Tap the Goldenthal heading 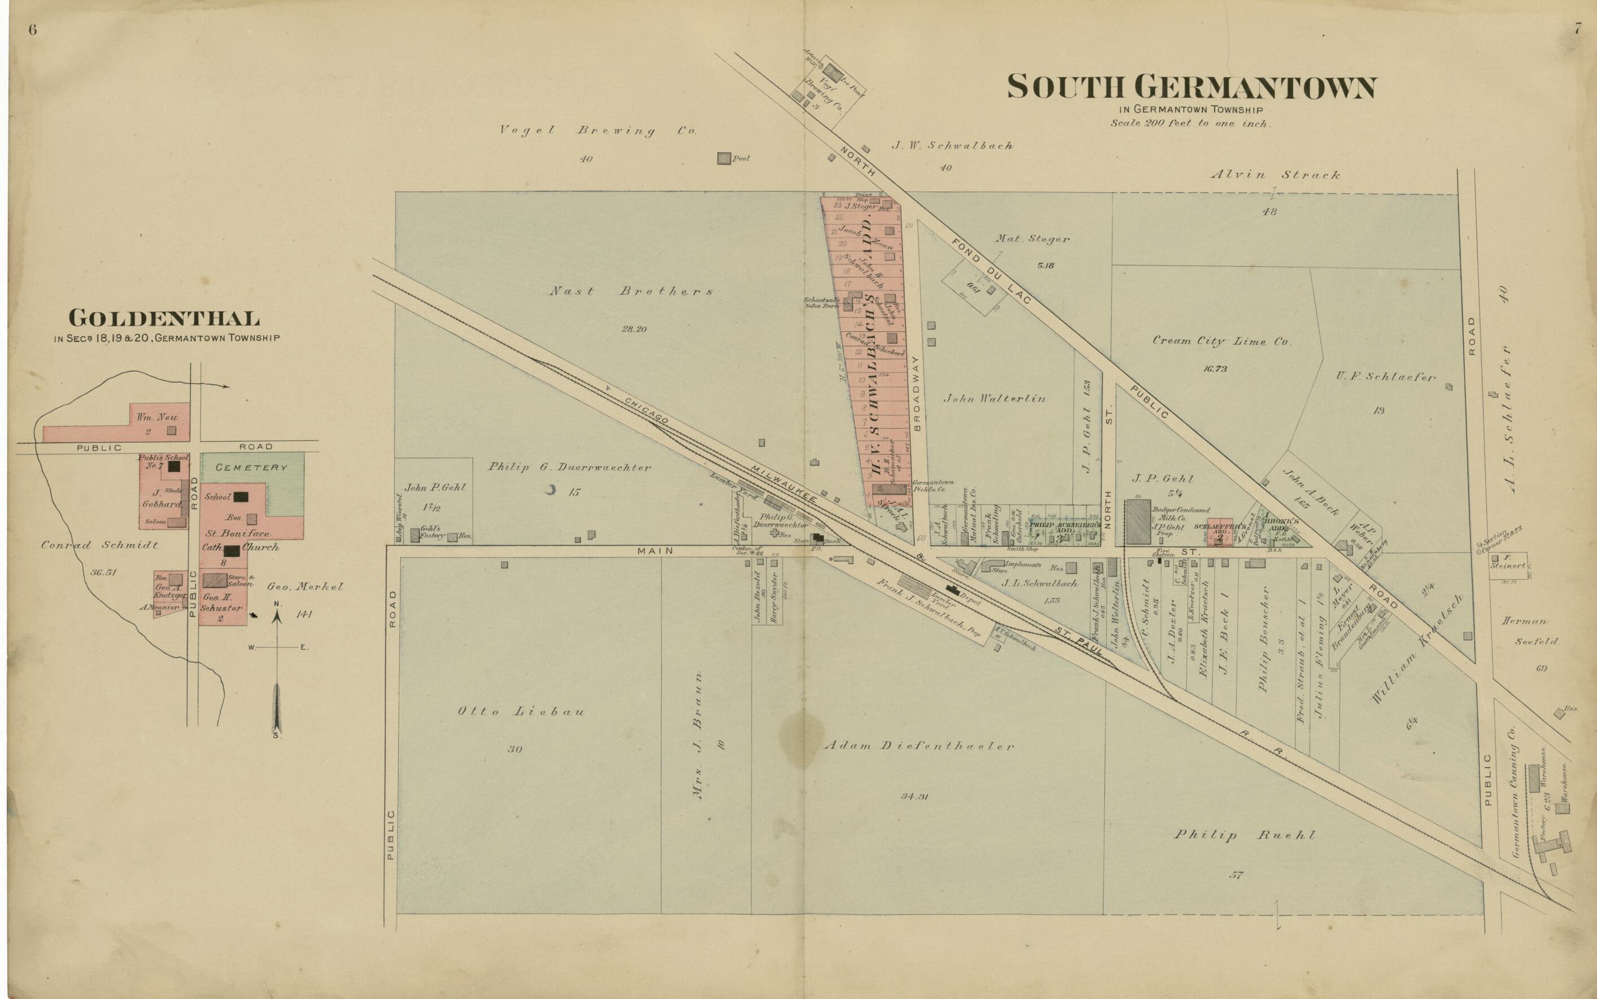pyautogui.click(x=164, y=319)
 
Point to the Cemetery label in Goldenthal pyautogui.click(x=251, y=467)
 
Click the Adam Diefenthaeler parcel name pyautogui.click(x=919, y=746)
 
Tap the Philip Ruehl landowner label pyautogui.click(x=1244, y=835)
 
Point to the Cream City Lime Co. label pyautogui.click(x=1222, y=342)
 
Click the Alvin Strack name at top pyautogui.click(x=1274, y=175)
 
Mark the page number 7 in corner pyautogui.click(x=1577, y=29)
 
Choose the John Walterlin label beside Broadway pyautogui.click(x=994, y=398)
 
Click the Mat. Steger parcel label pyautogui.click(x=1032, y=239)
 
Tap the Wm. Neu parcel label pyautogui.click(x=152, y=418)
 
